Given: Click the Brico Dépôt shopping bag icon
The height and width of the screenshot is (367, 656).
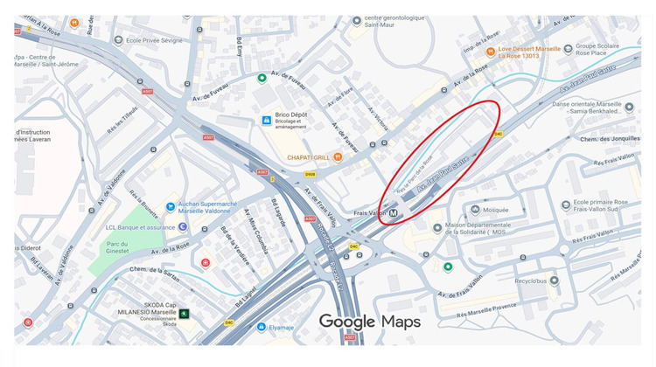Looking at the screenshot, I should (266, 120).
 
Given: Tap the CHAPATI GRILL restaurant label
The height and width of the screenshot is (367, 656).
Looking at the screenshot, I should (308, 157).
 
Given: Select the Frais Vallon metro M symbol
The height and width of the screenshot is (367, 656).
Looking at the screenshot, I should (394, 212).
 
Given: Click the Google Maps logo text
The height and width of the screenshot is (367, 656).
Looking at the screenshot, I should (369, 322).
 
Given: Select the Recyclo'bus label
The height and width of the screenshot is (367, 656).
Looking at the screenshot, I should (536, 281).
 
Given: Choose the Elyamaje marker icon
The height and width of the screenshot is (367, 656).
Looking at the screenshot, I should (262, 328).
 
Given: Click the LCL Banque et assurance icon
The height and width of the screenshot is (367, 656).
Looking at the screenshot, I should (183, 227).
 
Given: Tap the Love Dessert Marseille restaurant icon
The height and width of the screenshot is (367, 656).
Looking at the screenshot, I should (492, 50).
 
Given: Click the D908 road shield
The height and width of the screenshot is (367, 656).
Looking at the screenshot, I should (310, 174).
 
